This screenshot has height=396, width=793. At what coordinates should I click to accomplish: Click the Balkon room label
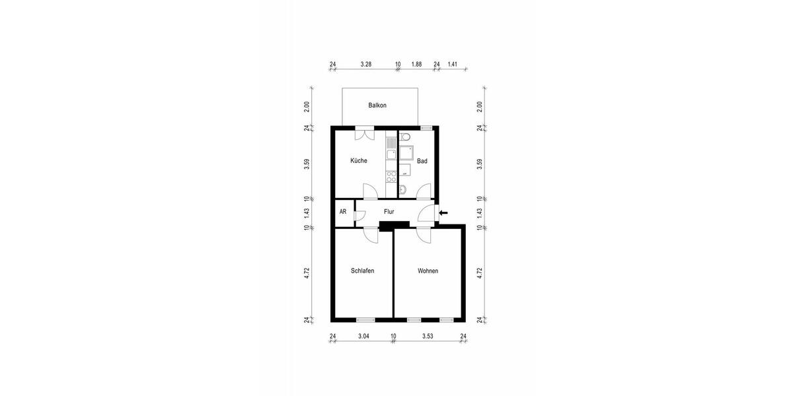coord(377,106)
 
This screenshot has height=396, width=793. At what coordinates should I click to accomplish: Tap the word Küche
coord(359,160)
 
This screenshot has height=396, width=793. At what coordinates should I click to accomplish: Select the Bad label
coord(422,160)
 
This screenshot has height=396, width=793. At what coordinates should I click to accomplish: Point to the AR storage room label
coord(343,212)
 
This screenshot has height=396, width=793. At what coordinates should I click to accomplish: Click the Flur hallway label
coord(389,212)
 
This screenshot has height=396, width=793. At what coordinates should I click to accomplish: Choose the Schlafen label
coord(363,271)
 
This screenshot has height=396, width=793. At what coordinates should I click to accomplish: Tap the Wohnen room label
coord(428,271)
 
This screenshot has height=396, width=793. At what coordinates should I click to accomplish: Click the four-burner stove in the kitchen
coord(391,176)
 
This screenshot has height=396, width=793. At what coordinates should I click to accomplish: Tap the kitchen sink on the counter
coord(391,154)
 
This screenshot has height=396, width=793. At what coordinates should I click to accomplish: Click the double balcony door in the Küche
coord(364,134)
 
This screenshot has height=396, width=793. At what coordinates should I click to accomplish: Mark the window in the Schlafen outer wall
coord(365,319)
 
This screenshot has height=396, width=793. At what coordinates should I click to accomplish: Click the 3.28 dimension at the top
coord(365,65)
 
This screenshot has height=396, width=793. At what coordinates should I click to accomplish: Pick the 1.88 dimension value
coord(416,65)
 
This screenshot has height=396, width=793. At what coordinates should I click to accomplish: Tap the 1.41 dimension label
coord(452,65)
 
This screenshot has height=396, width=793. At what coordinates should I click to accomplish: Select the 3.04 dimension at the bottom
coord(363,337)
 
